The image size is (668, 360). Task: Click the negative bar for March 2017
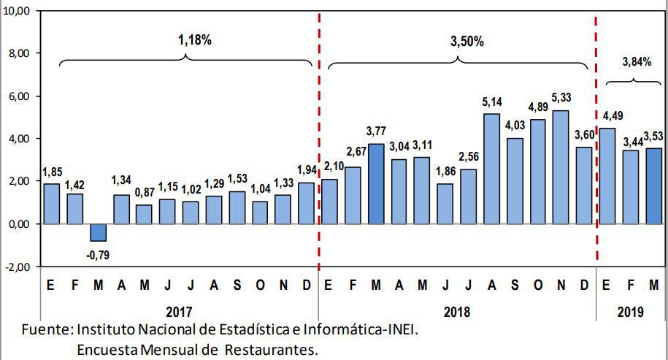point(98,231)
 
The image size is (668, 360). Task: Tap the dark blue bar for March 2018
point(376,183)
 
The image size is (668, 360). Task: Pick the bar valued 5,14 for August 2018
point(491,169)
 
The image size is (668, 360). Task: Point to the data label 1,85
point(52,172)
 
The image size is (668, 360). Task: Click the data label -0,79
point(98,255)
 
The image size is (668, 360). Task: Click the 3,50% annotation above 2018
point(467,42)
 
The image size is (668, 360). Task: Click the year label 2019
point(630,312)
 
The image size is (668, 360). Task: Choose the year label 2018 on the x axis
point(457,312)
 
